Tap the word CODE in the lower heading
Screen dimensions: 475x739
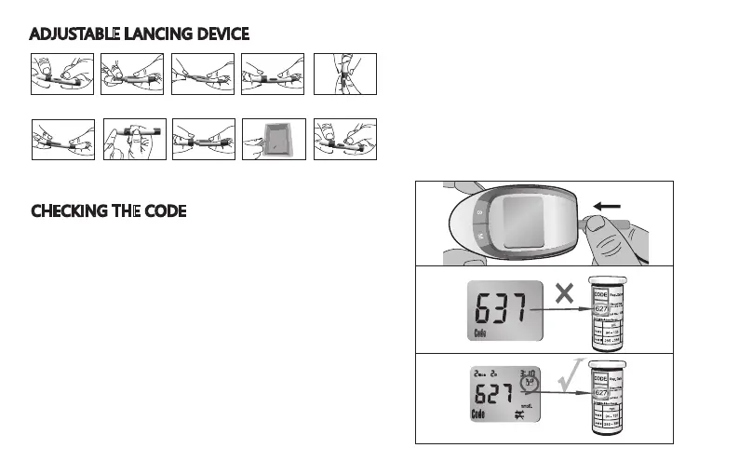pyautogui.click(x=164, y=211)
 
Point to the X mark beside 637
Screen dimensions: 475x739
pyautogui.click(x=562, y=294)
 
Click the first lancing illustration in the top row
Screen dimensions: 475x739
pyautogui.click(x=62, y=75)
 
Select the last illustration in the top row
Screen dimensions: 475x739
pyautogui.click(x=345, y=75)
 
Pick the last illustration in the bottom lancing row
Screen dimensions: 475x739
pyautogui.click(x=345, y=140)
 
